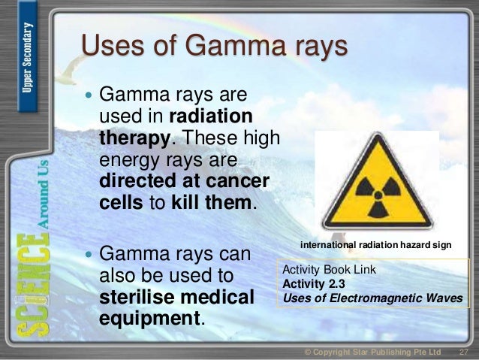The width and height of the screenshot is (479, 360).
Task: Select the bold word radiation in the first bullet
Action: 211,118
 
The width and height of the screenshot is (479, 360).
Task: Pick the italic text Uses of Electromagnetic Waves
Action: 372,297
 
